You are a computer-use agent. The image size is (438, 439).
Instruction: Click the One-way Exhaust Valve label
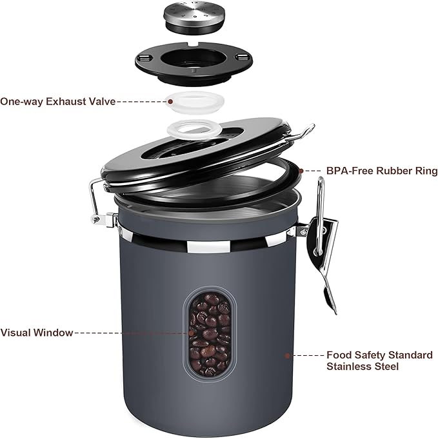pos(58,101)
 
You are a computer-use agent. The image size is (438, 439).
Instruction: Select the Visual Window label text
pos(37,333)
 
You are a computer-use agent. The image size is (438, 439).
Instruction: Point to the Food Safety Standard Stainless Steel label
pos(379,360)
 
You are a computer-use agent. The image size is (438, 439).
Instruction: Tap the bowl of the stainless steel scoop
pos(327,293)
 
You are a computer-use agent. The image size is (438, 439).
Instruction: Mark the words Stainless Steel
pos(363,366)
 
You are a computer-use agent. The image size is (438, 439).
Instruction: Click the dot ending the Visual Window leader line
pos(191,333)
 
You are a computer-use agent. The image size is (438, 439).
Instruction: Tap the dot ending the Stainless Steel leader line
pos(288,355)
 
